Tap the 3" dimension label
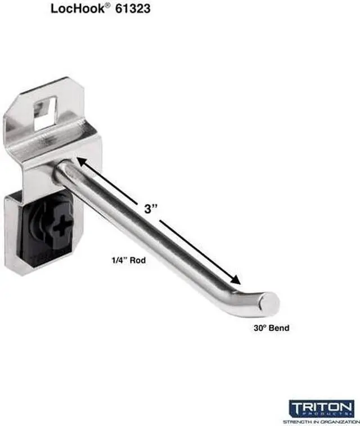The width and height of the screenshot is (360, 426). [149, 209]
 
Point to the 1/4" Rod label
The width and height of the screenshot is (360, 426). [124, 260]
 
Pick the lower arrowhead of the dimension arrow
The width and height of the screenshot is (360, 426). [237, 281]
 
